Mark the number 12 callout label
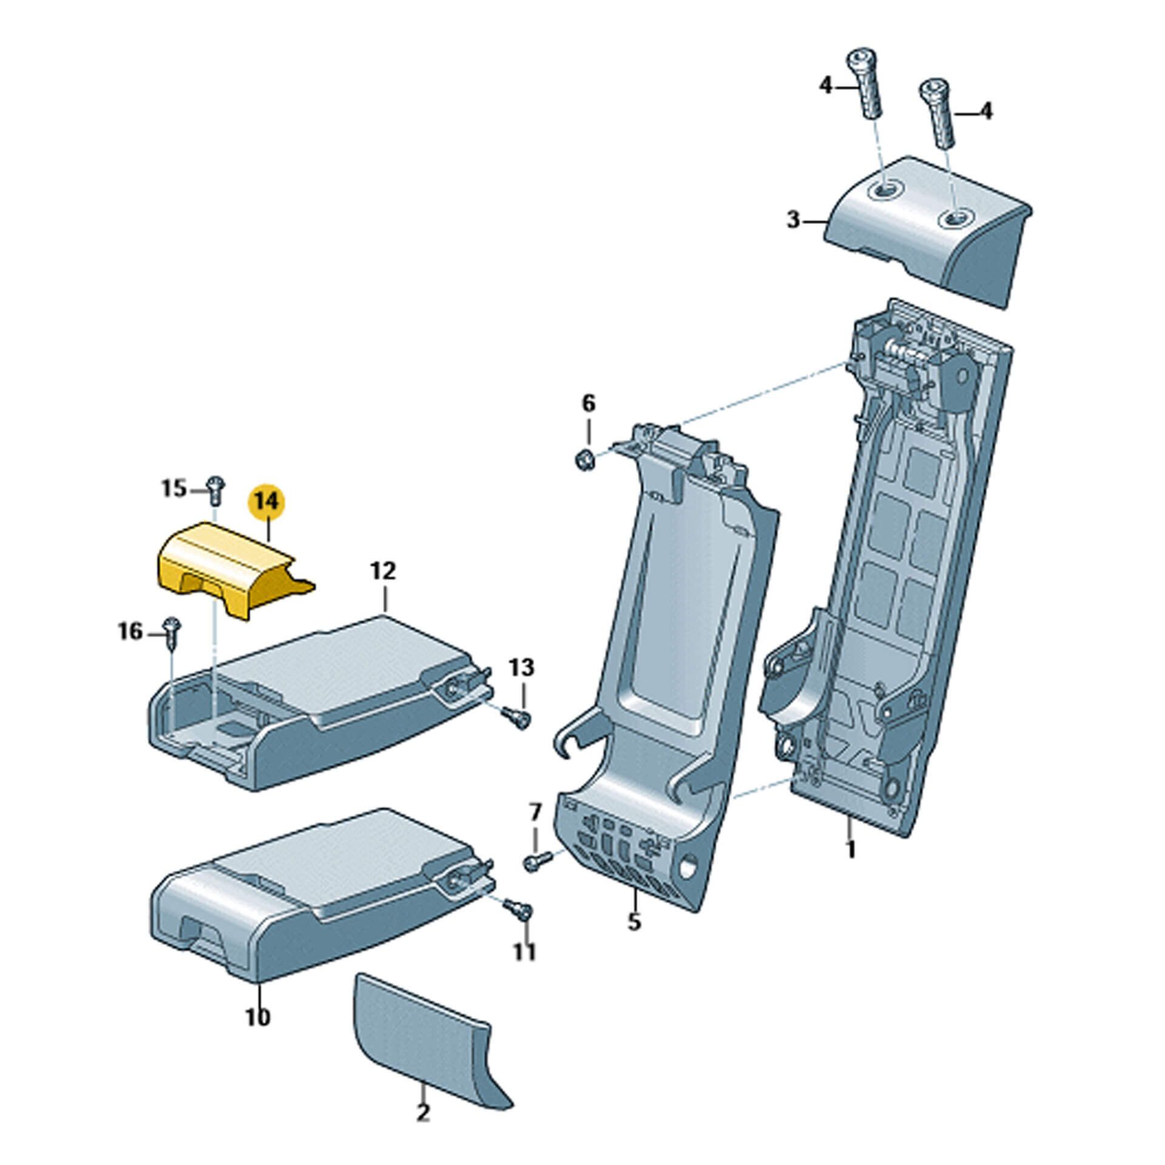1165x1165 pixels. click(383, 571)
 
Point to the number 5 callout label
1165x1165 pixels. click(633, 939)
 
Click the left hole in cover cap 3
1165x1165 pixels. click(884, 191)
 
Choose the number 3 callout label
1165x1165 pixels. click(793, 220)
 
